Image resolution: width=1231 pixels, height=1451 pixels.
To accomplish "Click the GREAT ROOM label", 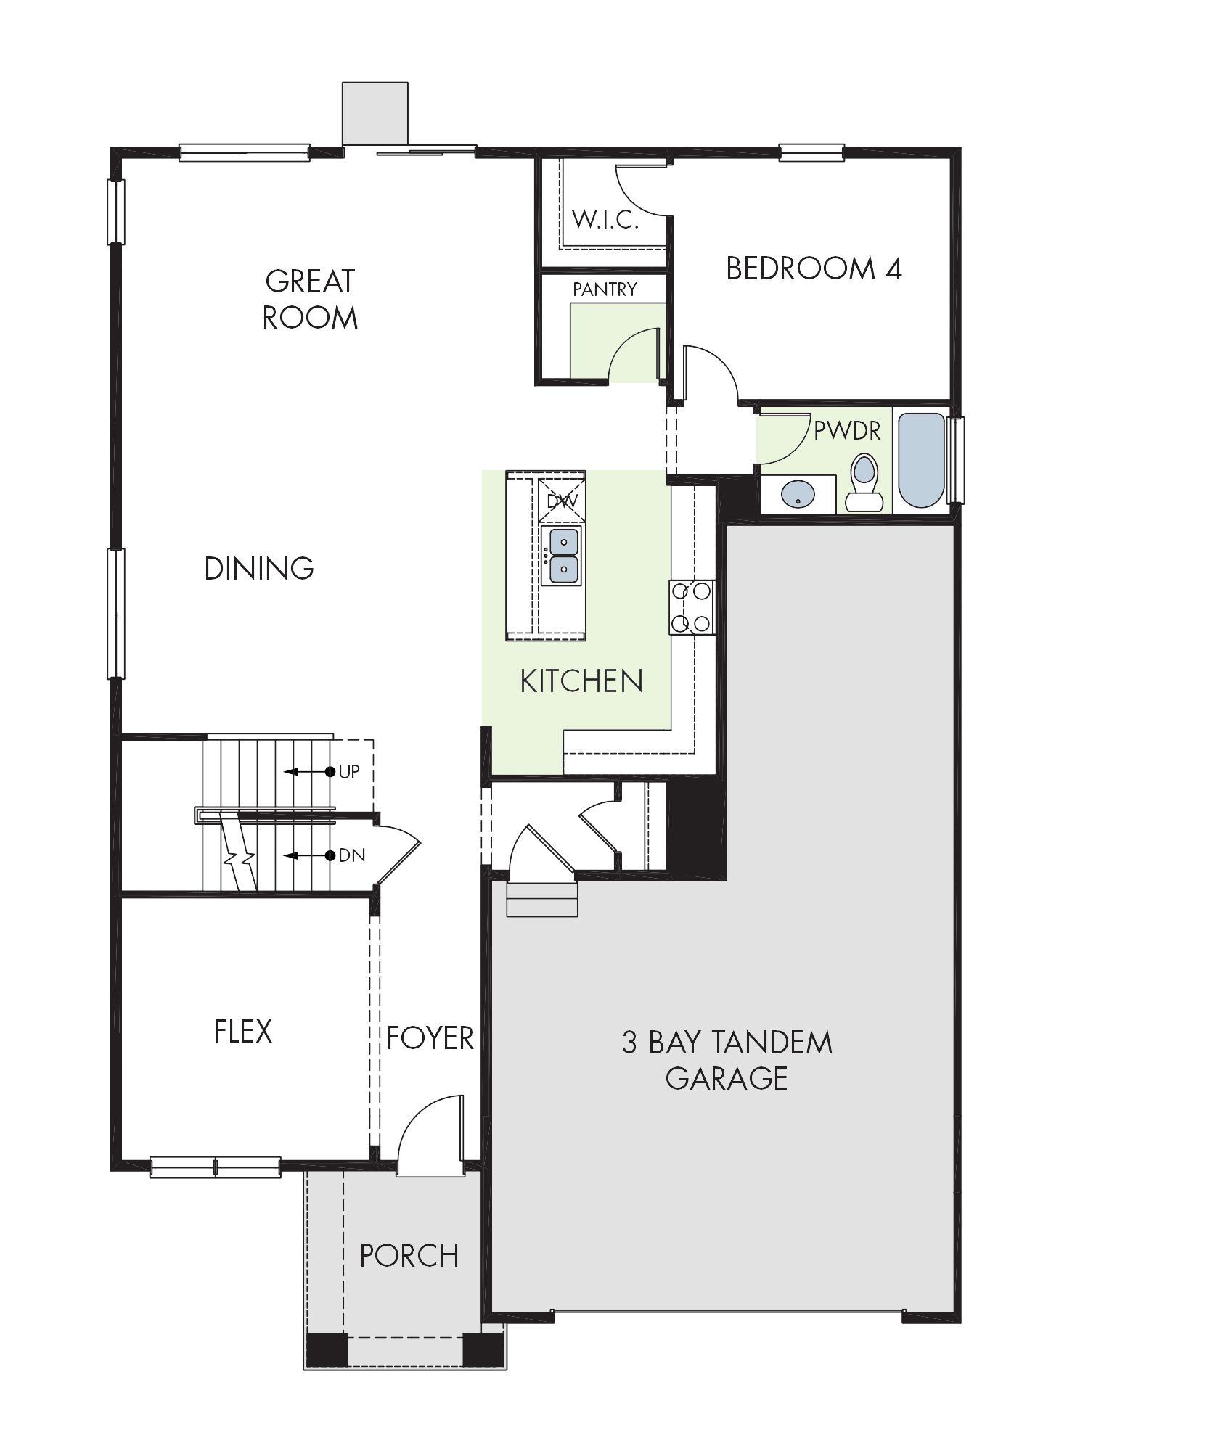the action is coord(310,299).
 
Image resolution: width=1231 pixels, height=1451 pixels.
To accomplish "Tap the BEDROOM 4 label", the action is coord(814,269).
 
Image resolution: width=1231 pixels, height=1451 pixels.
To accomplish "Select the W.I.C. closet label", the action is coord(605,219).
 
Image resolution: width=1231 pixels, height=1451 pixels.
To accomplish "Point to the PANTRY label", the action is coord(605,289).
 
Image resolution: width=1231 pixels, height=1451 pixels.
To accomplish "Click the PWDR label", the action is coord(847,431).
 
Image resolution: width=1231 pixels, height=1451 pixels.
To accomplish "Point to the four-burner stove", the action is coord(692,607).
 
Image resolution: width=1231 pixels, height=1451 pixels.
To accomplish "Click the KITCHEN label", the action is coord(581,682).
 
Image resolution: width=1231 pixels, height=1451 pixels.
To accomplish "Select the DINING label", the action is coord(259,569).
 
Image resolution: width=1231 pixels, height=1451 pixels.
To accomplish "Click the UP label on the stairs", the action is coord(349,772).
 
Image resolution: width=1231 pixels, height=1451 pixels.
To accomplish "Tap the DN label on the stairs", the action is coord(351,856).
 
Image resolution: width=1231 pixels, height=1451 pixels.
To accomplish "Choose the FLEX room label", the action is coord(242,1032).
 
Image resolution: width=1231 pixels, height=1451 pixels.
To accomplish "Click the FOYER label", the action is coord(430,1038).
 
